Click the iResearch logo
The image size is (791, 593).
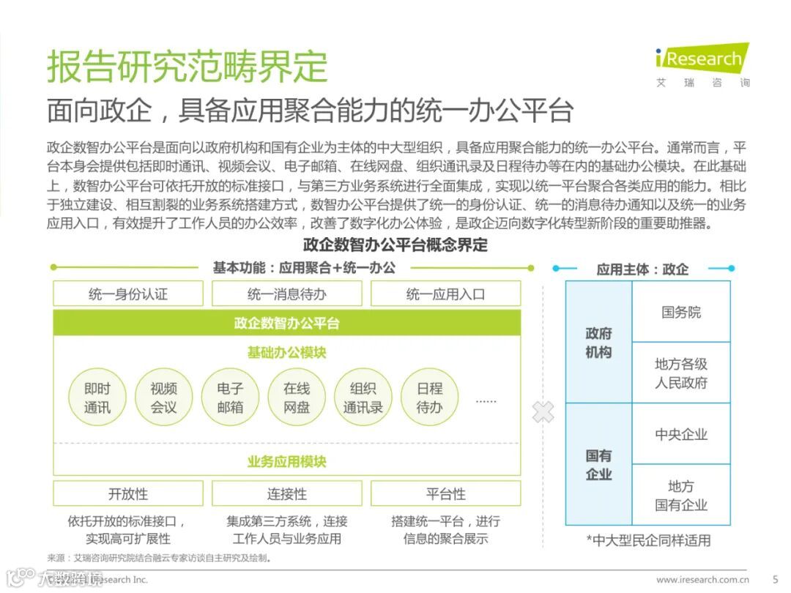pyautogui.click(x=702, y=59)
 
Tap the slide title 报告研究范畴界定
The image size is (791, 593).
pyautogui.click(x=187, y=67)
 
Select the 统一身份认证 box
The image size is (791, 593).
pyautogui.click(x=128, y=294)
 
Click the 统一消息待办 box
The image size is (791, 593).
pyautogui.click(x=286, y=294)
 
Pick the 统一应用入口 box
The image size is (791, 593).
pyautogui.click(x=445, y=294)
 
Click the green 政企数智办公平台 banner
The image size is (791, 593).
pyautogui.click(x=286, y=323)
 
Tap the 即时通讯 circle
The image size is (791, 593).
pyautogui.click(x=97, y=398)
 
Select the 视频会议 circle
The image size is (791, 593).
pyautogui.click(x=164, y=398)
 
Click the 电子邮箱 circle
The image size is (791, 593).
pyautogui.click(x=230, y=398)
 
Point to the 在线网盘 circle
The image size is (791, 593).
pyautogui.click(x=297, y=398)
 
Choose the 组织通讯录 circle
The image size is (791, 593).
pyautogui.click(x=363, y=398)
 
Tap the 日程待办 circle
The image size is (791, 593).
pyautogui.click(x=429, y=398)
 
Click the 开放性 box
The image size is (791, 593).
pyautogui.click(x=128, y=493)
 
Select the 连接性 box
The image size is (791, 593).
pyautogui.click(x=286, y=493)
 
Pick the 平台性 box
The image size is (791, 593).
pyautogui.click(x=445, y=493)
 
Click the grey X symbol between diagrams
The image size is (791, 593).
pyautogui.click(x=543, y=411)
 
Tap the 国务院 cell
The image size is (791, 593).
pyautogui.click(x=681, y=312)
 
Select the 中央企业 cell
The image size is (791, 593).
pyautogui.click(x=681, y=434)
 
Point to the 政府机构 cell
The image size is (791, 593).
pyautogui.click(x=598, y=343)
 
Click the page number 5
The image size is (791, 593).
pyautogui.click(x=775, y=579)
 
